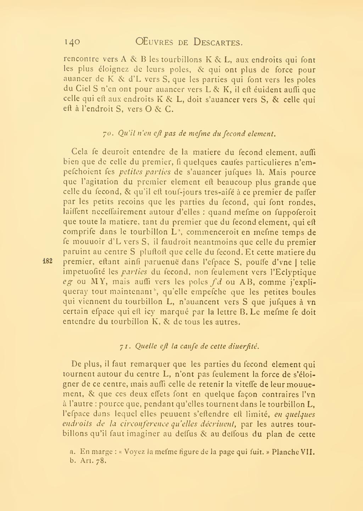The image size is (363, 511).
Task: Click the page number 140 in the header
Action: pos(72,42)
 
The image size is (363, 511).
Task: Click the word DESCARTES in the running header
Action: pos(218,42)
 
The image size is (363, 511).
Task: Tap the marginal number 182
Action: pos(48,261)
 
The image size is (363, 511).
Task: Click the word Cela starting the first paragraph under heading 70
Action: pos(79,152)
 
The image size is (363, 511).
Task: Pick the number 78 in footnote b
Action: pos(101,461)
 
